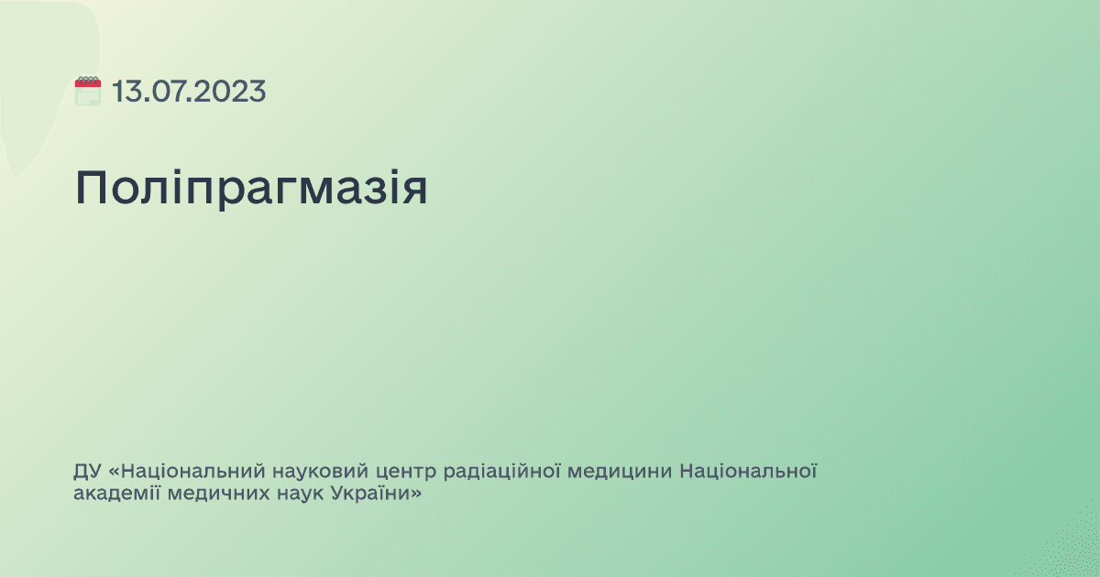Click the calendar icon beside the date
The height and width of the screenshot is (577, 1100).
(88, 92)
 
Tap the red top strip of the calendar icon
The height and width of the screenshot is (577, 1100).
(88, 82)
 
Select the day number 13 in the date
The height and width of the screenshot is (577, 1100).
(126, 92)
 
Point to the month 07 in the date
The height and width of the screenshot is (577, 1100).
(165, 92)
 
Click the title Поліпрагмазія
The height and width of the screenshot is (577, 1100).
(251, 189)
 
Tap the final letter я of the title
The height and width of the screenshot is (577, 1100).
(414, 189)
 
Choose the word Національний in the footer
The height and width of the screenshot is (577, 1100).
(193, 473)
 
